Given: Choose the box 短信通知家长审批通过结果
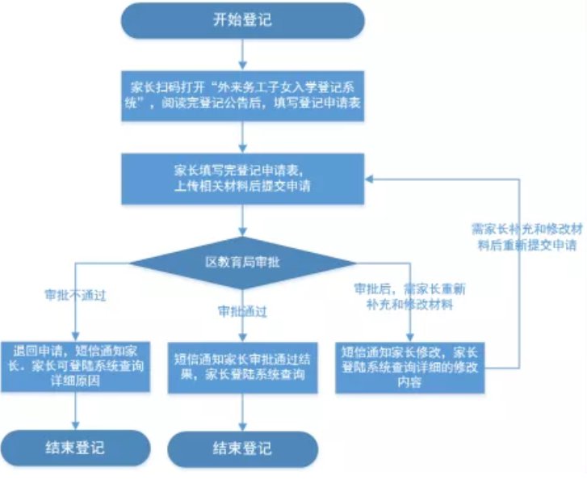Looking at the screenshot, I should pyautogui.click(x=242, y=368).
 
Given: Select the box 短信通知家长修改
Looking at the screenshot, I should pyautogui.click(x=411, y=368).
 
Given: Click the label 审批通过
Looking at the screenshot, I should pyautogui.click(x=242, y=310).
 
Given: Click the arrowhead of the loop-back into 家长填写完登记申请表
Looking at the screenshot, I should pyautogui.click(x=370, y=179).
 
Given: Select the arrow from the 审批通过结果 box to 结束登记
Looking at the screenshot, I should pyautogui.click(x=242, y=412).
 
